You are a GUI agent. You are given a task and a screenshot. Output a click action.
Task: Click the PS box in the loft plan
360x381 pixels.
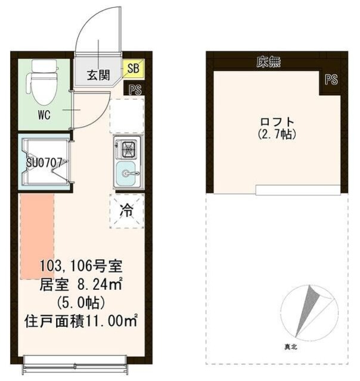pos(331,80)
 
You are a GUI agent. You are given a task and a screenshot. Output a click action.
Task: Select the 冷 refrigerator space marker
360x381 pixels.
pos(126,210)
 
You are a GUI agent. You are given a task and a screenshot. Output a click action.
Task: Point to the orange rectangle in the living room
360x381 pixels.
pos(37,236)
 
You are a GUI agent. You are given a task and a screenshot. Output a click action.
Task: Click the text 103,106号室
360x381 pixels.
pos(82,265)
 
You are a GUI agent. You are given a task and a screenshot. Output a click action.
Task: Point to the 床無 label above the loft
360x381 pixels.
pos(268,62)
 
